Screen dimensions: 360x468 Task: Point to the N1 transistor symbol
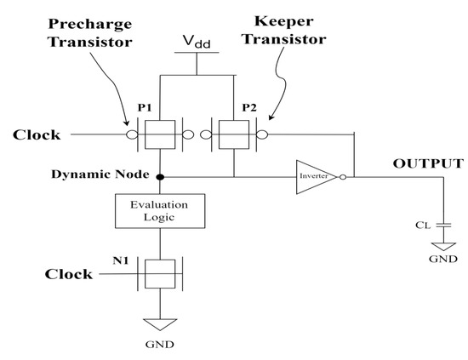pos(160,276)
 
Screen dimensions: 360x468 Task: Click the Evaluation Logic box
pos(160,210)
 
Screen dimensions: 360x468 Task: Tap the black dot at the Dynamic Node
pos(160,177)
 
